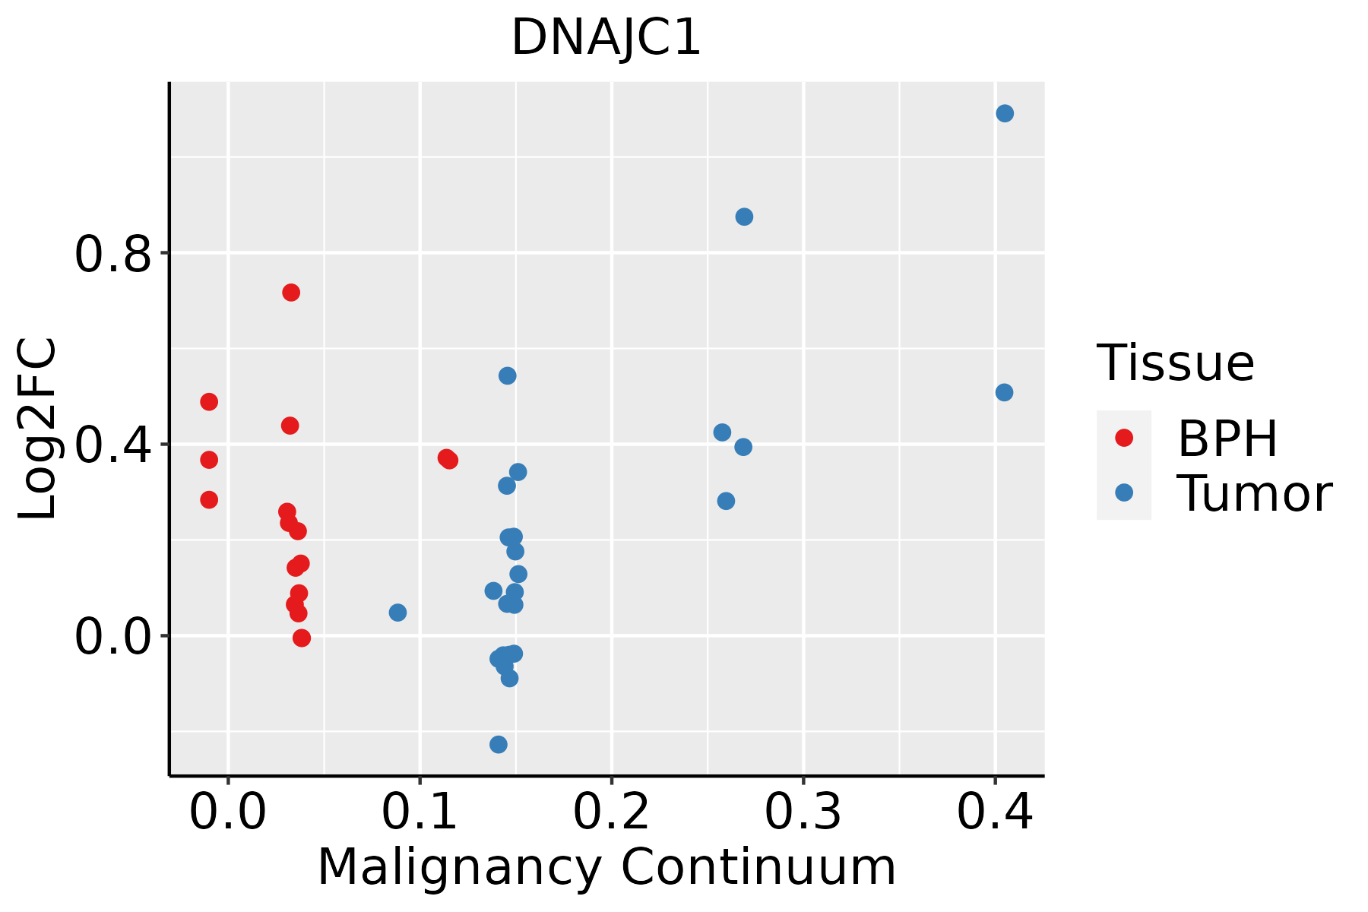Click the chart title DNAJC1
pyautogui.click(x=606, y=38)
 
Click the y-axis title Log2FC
pyautogui.click(x=38, y=429)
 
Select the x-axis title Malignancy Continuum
pyautogui.click(x=606, y=867)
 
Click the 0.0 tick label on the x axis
pyautogui.click(x=228, y=812)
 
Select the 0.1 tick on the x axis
pyautogui.click(x=420, y=812)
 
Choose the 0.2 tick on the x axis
pyautogui.click(x=611, y=812)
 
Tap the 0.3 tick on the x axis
pyautogui.click(x=803, y=812)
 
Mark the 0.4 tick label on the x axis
pyautogui.click(x=994, y=812)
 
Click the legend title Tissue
pyautogui.click(x=1176, y=363)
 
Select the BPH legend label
pyautogui.click(x=1227, y=439)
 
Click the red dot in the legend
pyautogui.click(x=1123, y=438)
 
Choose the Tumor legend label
pyautogui.click(x=1254, y=494)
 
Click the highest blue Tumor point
pyautogui.click(x=1005, y=113)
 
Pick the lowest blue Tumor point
pyautogui.click(x=499, y=744)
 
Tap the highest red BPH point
pyautogui.click(x=291, y=293)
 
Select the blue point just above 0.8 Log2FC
pyautogui.click(x=744, y=217)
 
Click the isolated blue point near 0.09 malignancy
pyautogui.click(x=397, y=613)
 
